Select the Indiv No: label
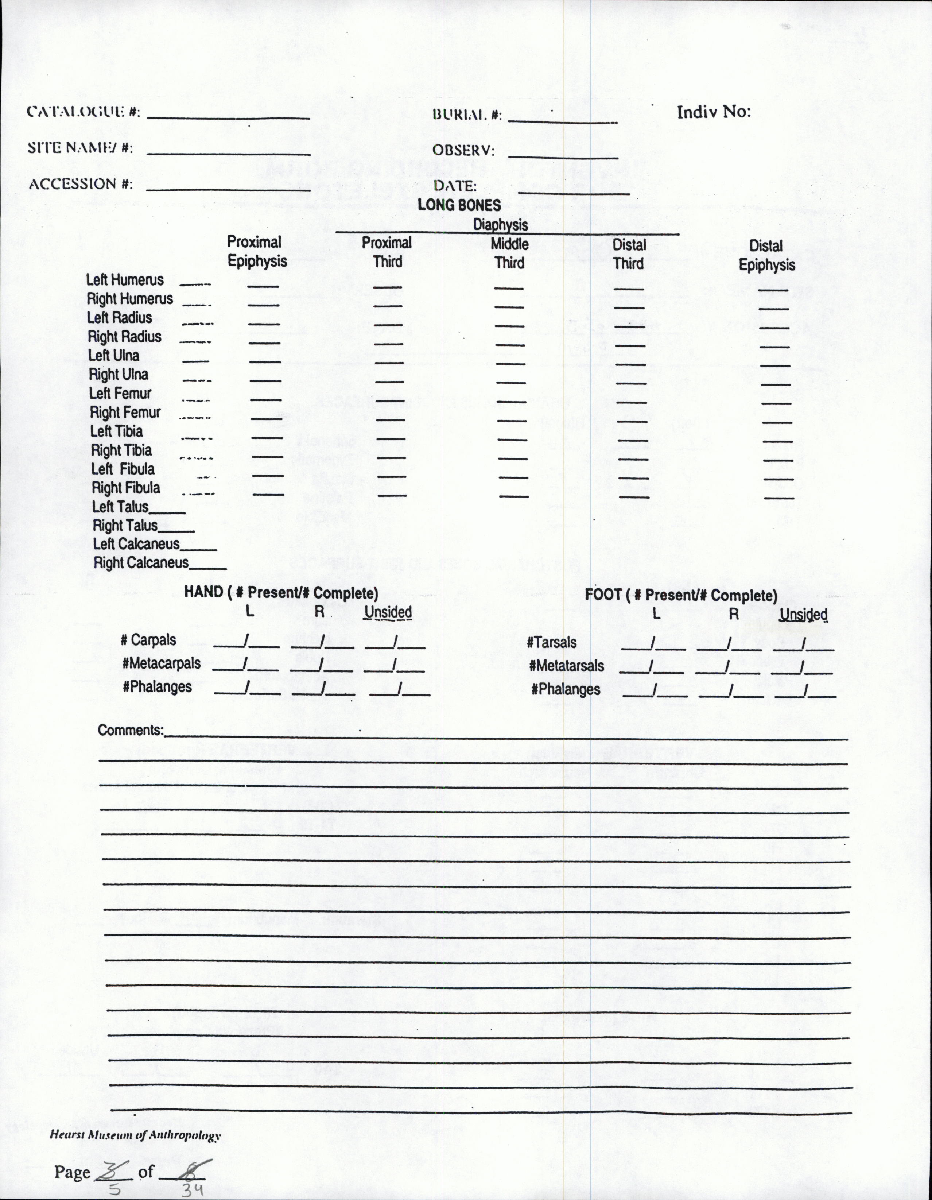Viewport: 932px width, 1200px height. [714, 112]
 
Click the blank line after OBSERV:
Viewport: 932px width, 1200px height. [563, 157]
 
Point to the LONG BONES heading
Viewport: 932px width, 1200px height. [459, 205]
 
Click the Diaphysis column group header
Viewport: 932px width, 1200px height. [500, 224]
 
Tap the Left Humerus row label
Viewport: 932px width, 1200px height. [125, 280]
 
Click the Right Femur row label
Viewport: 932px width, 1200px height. [125, 412]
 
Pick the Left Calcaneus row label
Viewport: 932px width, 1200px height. [136, 544]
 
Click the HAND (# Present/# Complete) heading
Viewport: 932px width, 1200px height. [281, 592]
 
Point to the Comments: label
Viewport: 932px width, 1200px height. [131, 730]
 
